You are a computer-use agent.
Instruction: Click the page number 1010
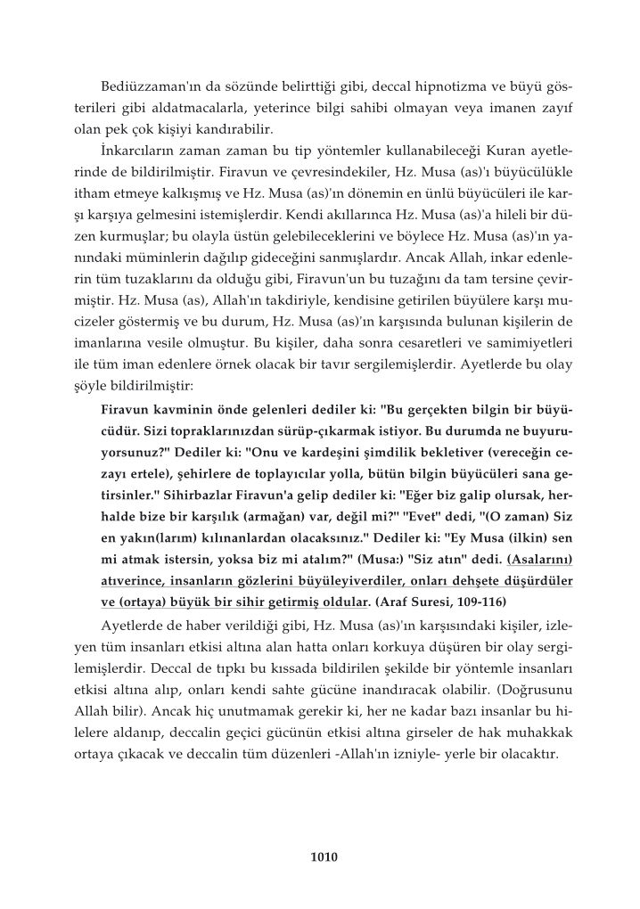320,859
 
